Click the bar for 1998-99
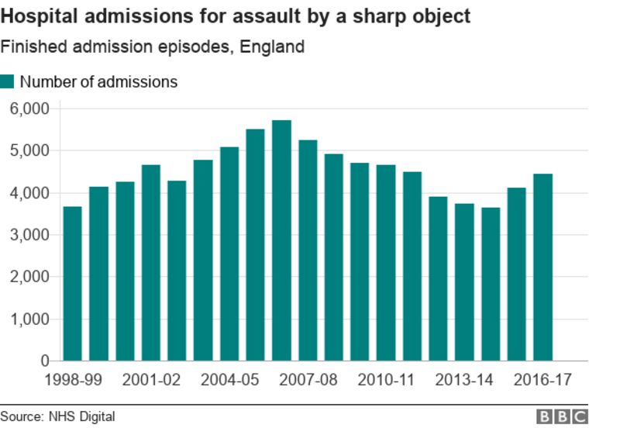pyautogui.click(x=72, y=284)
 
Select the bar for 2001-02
pyautogui.click(x=150, y=263)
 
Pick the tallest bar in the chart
pyautogui.click(x=281, y=240)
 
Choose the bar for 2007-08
pyautogui.click(x=308, y=250)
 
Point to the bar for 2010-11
pyautogui.click(x=385, y=263)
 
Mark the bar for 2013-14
pyautogui.click(x=463, y=282)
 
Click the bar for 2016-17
pyautogui.click(x=542, y=267)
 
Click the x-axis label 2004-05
pyautogui.click(x=229, y=380)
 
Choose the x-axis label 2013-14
pyautogui.click(x=463, y=380)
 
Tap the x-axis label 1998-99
pyautogui.click(x=72, y=380)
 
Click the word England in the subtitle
pyautogui.click(x=272, y=47)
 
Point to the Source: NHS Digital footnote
pyautogui.click(x=57, y=417)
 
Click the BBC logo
pyautogui.click(x=563, y=417)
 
